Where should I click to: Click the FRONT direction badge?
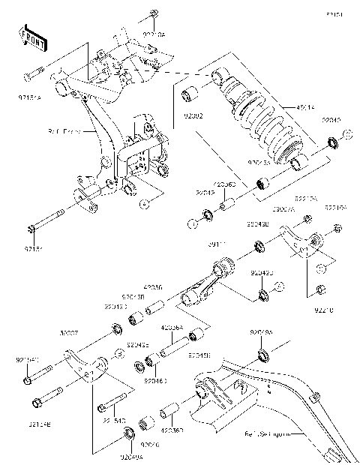31,37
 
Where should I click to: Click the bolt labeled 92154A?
35,76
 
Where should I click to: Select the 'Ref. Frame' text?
84,130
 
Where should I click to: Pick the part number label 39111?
217,245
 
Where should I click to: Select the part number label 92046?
151,444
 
